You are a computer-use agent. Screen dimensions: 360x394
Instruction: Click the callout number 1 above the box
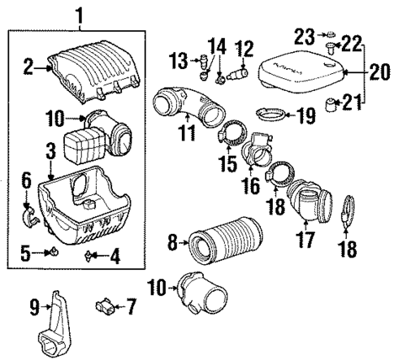point(78,13)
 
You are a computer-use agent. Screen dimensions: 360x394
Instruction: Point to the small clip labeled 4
point(89,257)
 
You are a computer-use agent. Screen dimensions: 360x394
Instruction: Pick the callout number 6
point(26,178)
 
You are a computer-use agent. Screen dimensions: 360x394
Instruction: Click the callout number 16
point(249,185)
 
